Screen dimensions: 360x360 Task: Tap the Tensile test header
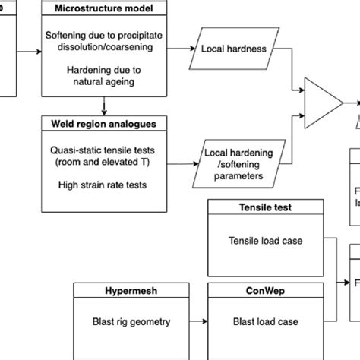point(255,207)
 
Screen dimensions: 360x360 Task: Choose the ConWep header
point(255,291)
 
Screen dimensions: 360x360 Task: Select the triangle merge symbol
point(321,99)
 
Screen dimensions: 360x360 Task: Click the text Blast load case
point(255,322)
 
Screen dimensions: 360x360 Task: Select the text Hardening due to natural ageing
point(102,80)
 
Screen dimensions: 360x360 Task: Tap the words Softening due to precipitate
point(102,36)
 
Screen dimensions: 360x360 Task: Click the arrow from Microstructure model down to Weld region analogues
point(102,106)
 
